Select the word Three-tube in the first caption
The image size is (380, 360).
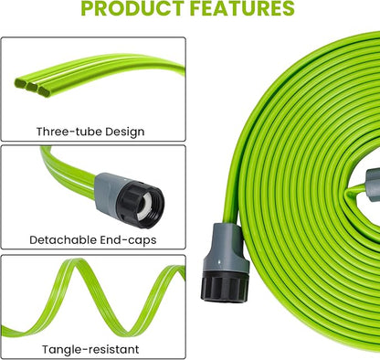[69, 132]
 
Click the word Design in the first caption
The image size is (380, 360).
[124, 132]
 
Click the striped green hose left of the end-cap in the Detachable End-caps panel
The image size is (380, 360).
[55, 174]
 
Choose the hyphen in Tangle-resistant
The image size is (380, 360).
[90, 349]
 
